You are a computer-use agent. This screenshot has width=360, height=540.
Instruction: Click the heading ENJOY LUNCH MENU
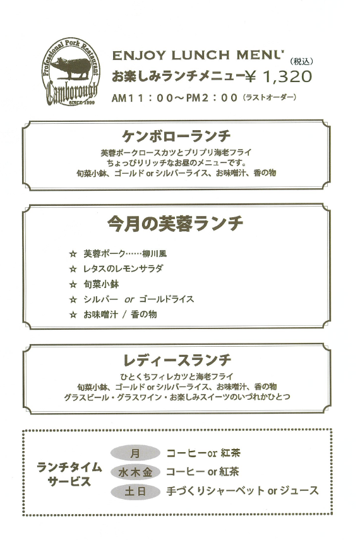198,55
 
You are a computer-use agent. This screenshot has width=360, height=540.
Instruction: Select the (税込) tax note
301,61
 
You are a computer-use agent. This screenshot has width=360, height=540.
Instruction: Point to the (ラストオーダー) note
270,97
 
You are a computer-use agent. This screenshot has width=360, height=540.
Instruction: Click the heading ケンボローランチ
176,136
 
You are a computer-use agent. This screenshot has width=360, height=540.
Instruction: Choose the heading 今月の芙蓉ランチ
176,223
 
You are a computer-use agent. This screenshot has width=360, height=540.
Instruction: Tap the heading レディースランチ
177,360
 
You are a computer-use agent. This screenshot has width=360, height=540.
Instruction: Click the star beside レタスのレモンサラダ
73,268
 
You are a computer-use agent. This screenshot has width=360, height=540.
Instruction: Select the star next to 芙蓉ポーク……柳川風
73,254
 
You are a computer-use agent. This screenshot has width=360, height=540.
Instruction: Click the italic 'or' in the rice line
129,299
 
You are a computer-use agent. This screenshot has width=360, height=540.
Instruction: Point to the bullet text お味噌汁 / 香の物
120,314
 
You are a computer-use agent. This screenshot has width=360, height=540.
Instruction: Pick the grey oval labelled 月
135,453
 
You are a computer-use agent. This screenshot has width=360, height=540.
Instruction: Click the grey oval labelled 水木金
135,472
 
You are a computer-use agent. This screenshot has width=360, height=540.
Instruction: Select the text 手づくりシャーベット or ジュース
243,490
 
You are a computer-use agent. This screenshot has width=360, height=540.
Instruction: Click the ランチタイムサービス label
69,474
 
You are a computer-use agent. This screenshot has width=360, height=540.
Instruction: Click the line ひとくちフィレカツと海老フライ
177,376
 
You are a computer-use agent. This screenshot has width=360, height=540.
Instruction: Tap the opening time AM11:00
142,98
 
